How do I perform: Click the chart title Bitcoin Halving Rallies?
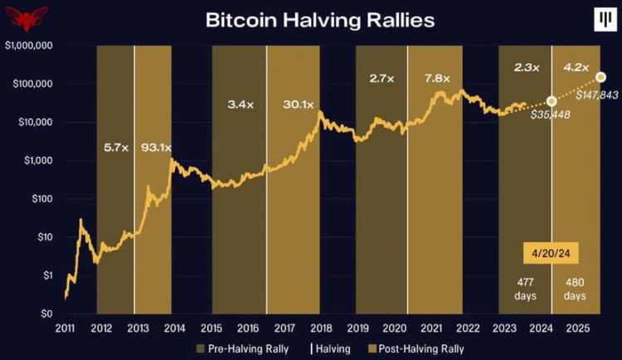320,21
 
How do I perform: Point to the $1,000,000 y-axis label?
28,46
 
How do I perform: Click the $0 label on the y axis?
46,314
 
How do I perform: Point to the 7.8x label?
437,79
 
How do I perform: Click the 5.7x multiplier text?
115,148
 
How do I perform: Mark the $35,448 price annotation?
550,114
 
